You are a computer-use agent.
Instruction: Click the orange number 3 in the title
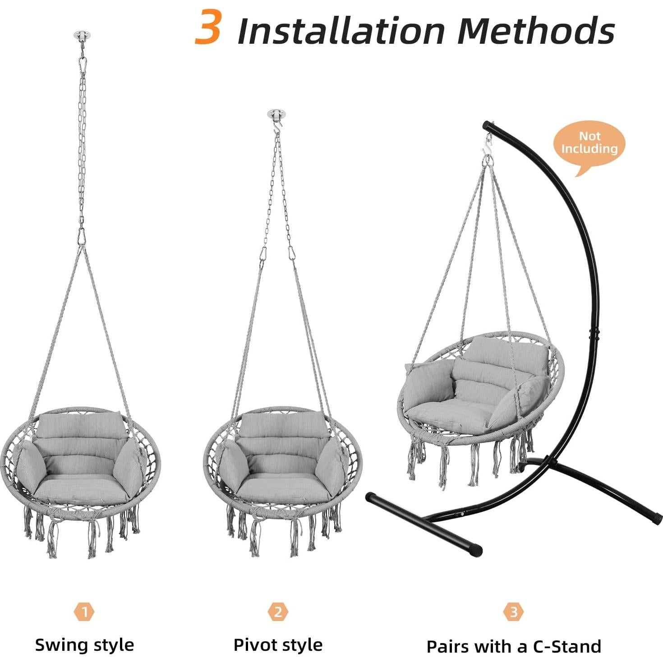[207, 27]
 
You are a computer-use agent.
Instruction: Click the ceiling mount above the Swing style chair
[82, 35]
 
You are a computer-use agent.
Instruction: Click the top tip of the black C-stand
[486, 124]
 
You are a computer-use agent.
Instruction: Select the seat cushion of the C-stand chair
[447, 413]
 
